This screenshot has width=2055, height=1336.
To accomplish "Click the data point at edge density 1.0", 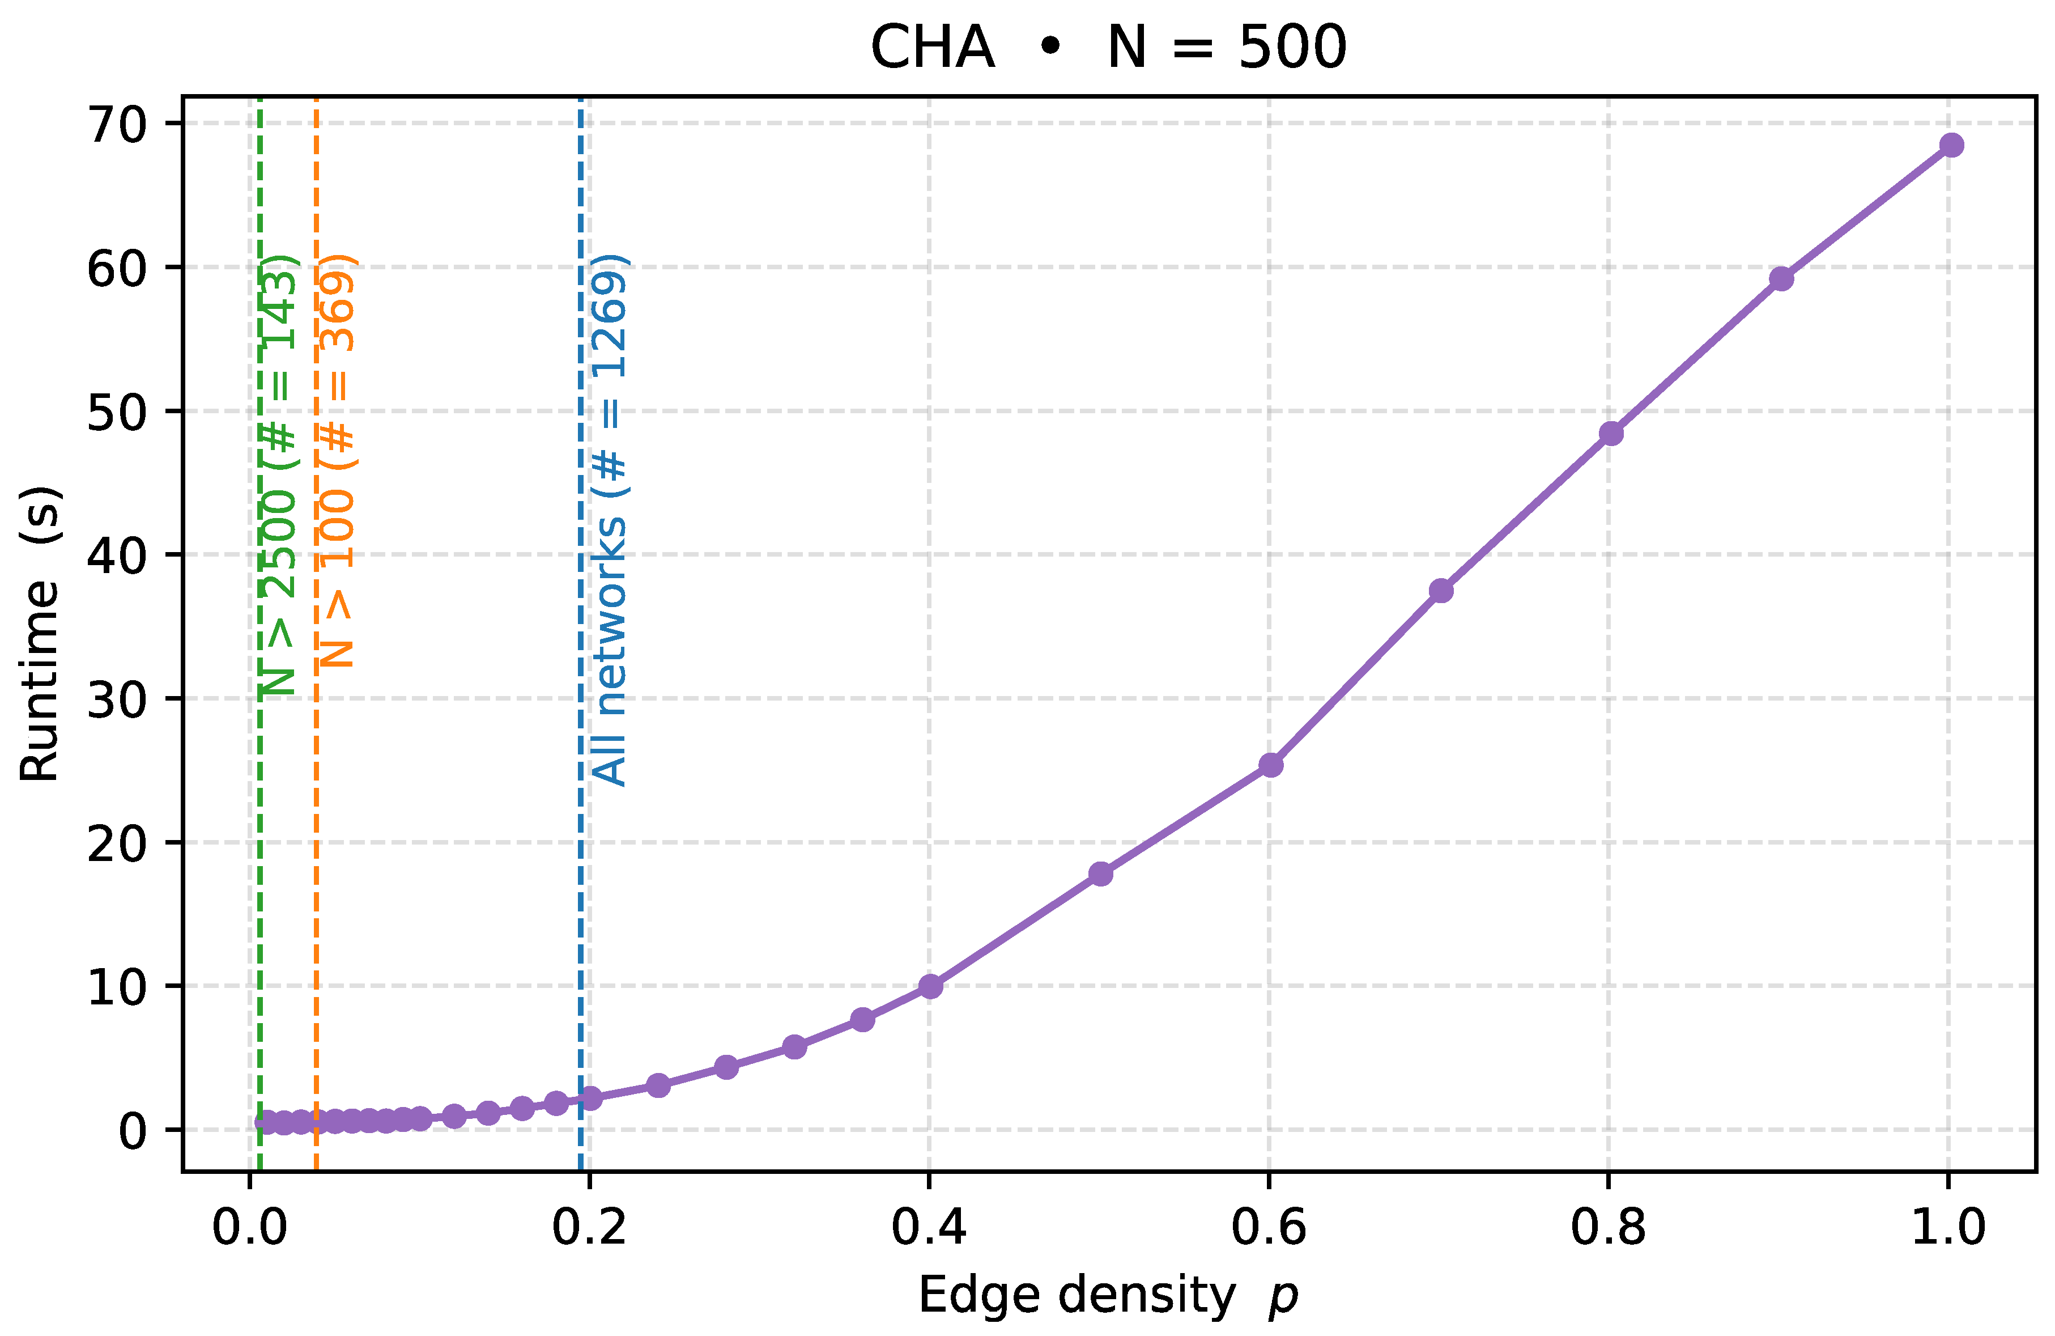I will click(1951, 145).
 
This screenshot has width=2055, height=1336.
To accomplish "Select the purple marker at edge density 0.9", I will click(1781, 279).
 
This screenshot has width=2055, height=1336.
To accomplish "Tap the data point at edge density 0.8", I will click(1611, 434).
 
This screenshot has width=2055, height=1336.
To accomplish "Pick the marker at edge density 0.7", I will click(1441, 591).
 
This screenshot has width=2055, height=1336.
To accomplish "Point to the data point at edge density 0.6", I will click(1271, 765).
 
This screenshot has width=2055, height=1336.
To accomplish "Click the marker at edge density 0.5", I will click(1101, 874).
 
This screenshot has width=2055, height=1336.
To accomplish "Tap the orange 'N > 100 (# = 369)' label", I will click(337, 461).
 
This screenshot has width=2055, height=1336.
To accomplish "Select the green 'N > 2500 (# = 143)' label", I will click(279, 475).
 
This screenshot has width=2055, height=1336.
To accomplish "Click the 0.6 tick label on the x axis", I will click(1269, 1227).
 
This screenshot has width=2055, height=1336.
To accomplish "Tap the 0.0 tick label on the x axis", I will click(249, 1227).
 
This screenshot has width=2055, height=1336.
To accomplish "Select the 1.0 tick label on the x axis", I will click(1949, 1227).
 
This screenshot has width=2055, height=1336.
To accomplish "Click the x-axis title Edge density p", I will click(1108, 1296).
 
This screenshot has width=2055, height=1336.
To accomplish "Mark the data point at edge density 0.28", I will click(727, 1067).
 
